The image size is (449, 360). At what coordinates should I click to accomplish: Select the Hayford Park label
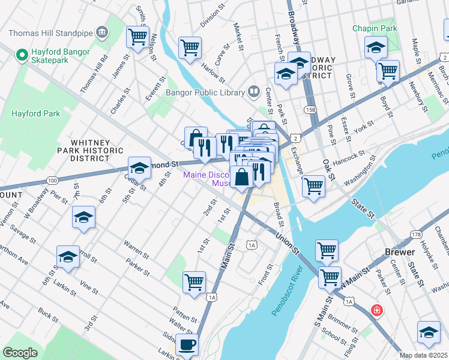pyautogui.click(x=35, y=113)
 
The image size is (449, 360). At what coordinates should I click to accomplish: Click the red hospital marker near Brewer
pyautogui.click(x=376, y=311)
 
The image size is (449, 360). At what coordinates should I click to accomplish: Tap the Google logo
pyautogui.click(x=20, y=353)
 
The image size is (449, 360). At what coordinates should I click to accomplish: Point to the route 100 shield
pyautogui.click(x=53, y=180)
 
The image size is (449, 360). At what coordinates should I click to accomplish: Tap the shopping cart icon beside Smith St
pyautogui.click(x=137, y=37)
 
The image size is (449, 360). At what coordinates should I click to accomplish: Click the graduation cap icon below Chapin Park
pyautogui.click(x=376, y=47)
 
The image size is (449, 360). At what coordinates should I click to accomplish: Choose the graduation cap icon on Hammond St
pyautogui.click(x=139, y=169)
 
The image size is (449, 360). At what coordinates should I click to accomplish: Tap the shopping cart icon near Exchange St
pyautogui.click(x=313, y=187)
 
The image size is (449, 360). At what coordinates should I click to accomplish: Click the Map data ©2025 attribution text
pyautogui.click(x=423, y=355)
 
